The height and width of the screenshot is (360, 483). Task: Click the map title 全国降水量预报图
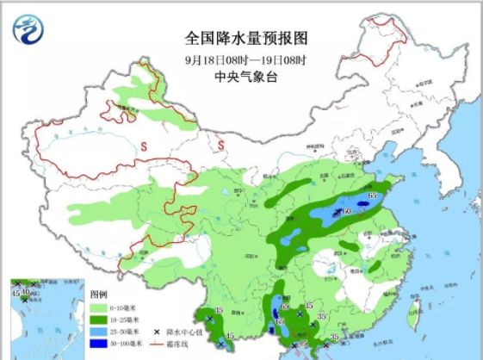[x=245, y=38]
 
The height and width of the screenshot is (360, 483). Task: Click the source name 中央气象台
[x=245, y=78]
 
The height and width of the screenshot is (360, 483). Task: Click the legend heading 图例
[x=102, y=293]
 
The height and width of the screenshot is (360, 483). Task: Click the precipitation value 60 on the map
[x=349, y=211]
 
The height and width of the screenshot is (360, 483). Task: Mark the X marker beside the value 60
[x=339, y=211]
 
